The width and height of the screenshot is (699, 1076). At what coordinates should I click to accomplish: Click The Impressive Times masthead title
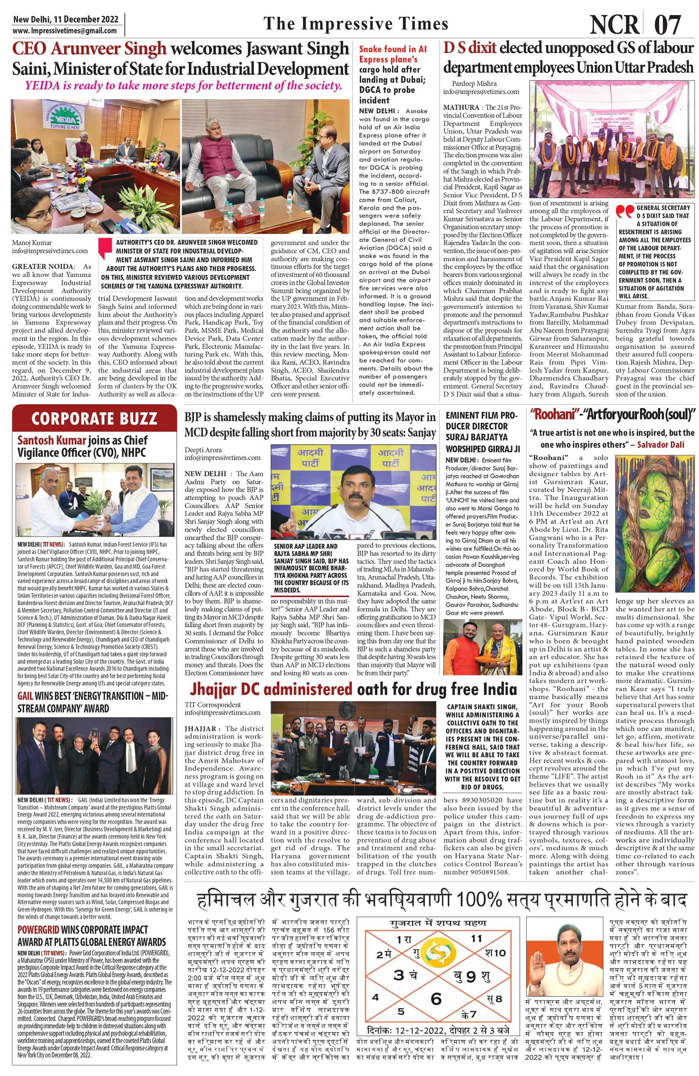coord(355,24)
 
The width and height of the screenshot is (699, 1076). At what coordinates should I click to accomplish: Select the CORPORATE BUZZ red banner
coord(95,418)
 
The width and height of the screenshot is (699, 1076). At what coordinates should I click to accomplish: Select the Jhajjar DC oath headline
coord(350,689)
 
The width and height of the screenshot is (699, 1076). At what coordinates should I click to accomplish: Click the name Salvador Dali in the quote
coord(660,444)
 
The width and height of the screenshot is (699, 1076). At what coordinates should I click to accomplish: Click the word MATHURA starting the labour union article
coord(461,108)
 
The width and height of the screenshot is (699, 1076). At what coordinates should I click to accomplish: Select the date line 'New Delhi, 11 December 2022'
coord(66,19)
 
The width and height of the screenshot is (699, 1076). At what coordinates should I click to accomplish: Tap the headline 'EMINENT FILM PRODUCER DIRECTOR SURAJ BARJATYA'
coord(482,431)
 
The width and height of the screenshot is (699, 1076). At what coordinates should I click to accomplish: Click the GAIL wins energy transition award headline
coord(93,702)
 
